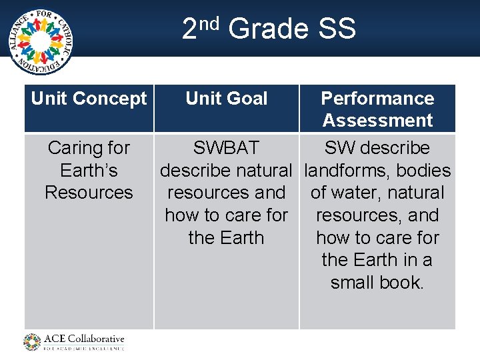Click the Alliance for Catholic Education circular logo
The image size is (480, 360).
41,41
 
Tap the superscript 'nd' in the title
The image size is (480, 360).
209,24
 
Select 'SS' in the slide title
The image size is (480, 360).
337,29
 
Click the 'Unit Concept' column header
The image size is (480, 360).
89,99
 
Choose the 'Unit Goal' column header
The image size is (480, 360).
226,99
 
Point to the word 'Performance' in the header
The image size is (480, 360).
377,99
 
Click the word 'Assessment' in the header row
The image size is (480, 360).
377,121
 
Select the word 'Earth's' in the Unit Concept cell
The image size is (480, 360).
89,171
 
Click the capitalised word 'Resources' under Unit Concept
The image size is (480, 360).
89,193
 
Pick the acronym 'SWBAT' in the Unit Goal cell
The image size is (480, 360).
226,148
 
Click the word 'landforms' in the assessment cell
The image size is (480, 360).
346,171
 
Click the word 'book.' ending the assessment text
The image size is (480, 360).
402,283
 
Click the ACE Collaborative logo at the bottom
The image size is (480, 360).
74,342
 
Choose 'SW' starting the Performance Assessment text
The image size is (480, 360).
338,148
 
